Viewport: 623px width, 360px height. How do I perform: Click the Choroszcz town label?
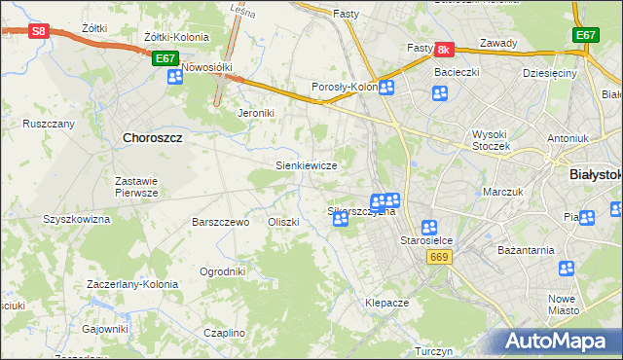click(x=153, y=138)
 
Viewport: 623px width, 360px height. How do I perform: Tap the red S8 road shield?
click(x=37, y=31)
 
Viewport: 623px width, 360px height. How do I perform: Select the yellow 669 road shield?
click(x=436, y=255)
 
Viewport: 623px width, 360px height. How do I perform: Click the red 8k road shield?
click(x=443, y=49)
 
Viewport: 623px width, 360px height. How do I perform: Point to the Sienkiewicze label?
click(x=307, y=165)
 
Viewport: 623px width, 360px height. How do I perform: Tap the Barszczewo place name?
click(x=222, y=222)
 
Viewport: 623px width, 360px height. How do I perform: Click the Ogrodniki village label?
click(x=222, y=271)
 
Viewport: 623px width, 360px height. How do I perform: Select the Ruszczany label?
click(x=49, y=125)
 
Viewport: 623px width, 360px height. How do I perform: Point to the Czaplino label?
click(x=225, y=333)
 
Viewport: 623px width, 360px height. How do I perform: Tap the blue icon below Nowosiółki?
click(x=175, y=76)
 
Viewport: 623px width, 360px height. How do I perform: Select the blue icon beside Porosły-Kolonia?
click(x=386, y=88)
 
